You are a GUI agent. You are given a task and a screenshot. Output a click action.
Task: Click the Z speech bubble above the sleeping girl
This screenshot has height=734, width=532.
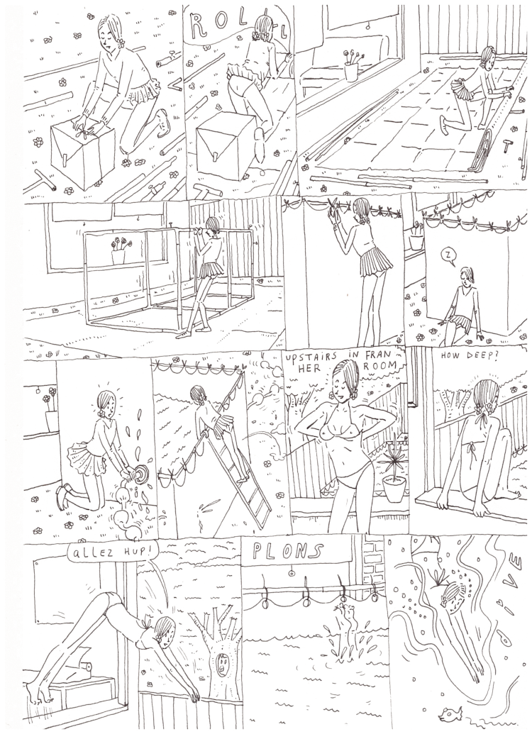click(448, 255)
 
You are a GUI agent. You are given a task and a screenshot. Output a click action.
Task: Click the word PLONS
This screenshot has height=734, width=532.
click(287, 552)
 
